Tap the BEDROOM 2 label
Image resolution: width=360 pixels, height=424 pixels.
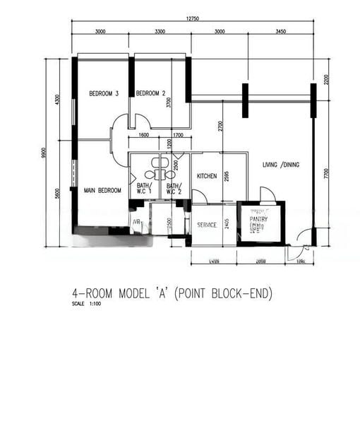[x=150, y=93]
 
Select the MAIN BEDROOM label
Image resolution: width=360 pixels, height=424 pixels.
[x=102, y=190]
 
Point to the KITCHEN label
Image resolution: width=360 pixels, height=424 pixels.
[x=206, y=176]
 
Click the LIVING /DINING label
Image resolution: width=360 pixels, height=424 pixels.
[x=281, y=165]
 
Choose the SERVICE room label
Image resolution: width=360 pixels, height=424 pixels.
[x=206, y=225]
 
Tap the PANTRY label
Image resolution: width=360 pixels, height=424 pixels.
[x=259, y=219]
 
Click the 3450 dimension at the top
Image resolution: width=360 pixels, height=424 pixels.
[x=280, y=31]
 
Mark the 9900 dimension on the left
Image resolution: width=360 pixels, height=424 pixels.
[x=43, y=153]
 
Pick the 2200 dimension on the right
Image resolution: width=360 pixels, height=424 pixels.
[x=326, y=79]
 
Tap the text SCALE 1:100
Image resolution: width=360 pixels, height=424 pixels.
[x=87, y=304]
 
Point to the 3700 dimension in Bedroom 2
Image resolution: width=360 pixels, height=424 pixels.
[x=168, y=102]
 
